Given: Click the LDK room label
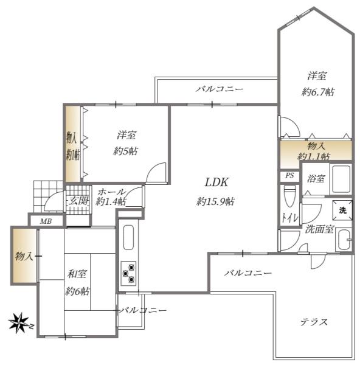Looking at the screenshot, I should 216,182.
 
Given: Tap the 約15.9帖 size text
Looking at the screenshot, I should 216,201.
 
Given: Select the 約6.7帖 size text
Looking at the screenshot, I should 317,92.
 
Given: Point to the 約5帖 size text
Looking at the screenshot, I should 125,151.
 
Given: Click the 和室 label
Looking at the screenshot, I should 76,274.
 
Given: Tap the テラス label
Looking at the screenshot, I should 314,322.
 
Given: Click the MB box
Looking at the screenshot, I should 46,221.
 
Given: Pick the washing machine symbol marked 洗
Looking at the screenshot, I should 342,210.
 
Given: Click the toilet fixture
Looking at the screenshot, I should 289,196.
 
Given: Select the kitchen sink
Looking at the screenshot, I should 128,238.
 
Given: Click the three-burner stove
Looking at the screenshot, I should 129,271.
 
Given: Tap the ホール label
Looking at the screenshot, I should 111,192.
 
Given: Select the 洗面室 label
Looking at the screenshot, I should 319,229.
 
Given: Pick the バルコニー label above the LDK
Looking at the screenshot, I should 220,89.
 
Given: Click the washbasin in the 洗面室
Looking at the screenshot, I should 344,240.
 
